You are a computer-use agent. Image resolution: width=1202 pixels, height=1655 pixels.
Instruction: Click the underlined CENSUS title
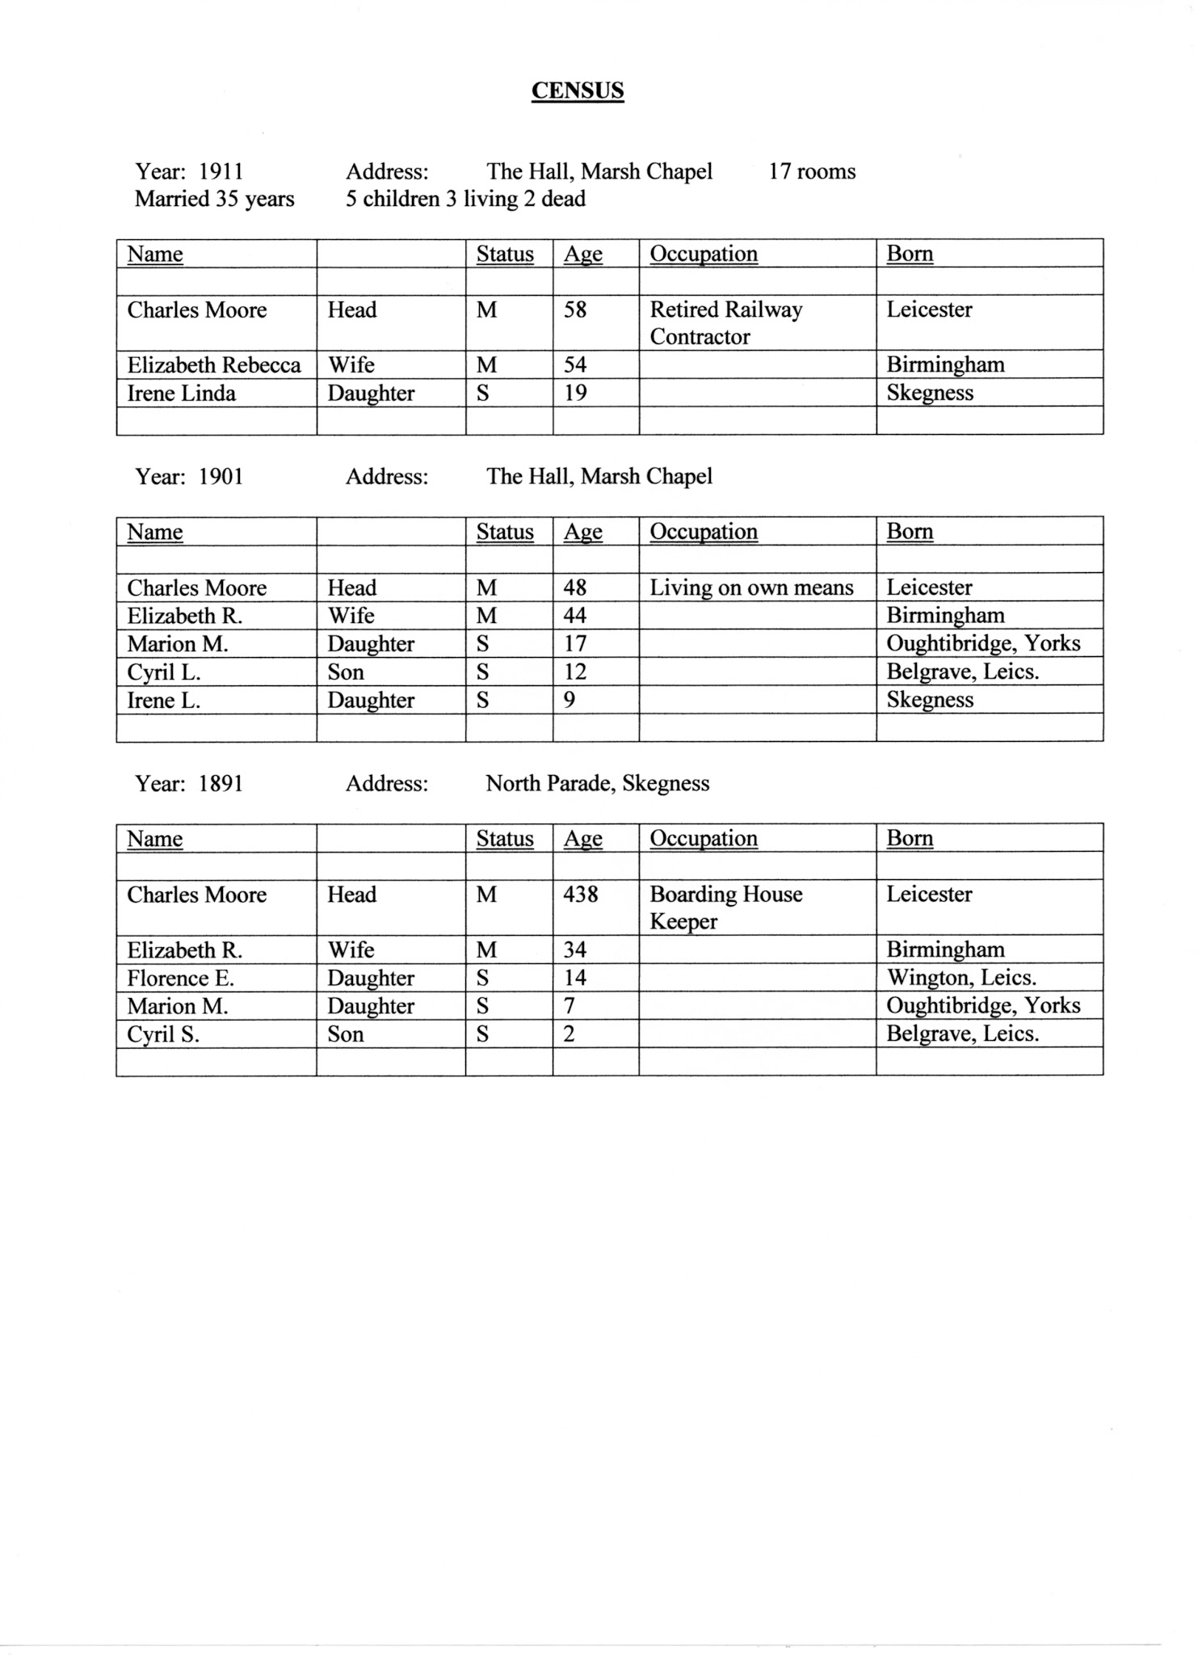tap(578, 90)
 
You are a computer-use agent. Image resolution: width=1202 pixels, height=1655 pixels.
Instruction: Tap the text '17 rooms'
tap(812, 171)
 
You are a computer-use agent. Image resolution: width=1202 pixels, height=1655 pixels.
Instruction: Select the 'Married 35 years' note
tap(214, 199)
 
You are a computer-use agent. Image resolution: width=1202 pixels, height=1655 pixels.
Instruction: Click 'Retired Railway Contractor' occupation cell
tap(725, 322)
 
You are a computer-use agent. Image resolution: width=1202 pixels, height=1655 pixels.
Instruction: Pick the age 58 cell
tap(575, 310)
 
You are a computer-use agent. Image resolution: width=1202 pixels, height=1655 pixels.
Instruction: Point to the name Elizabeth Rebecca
tap(214, 365)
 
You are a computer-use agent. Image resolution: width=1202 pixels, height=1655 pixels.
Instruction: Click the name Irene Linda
tap(182, 394)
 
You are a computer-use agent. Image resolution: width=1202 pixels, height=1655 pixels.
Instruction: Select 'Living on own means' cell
tap(751, 587)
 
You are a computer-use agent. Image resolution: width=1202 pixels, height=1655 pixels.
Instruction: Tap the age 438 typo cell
tap(581, 895)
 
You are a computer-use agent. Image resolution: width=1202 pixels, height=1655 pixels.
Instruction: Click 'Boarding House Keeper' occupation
tap(725, 908)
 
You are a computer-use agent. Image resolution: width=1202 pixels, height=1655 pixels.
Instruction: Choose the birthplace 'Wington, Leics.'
tap(961, 978)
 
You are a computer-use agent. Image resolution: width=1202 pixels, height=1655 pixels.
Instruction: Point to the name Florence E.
tap(180, 979)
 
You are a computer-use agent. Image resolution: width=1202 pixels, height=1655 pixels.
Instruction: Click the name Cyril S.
tap(163, 1034)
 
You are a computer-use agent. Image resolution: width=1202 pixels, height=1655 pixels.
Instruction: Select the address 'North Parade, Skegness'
tap(598, 783)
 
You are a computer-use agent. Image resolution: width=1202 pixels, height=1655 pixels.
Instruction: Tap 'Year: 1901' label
tap(189, 477)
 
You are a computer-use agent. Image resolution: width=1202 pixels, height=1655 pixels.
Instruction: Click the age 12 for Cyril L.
tap(575, 672)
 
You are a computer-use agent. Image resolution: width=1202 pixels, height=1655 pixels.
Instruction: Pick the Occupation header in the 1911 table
tap(704, 254)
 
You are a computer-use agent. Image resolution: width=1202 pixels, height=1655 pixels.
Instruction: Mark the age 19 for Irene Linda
tap(575, 394)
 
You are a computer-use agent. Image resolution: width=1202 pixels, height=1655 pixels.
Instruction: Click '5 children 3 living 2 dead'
tap(465, 199)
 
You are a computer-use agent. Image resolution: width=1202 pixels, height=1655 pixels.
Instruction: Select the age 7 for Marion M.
tap(569, 1006)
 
